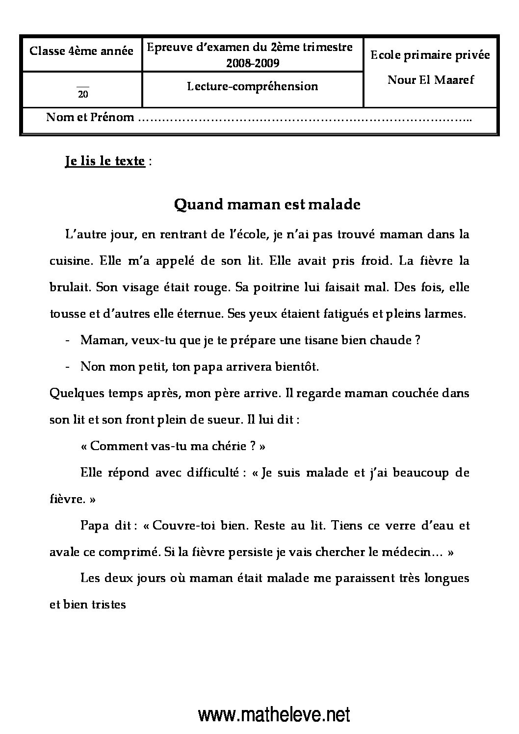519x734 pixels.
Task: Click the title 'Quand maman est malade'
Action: coord(267,204)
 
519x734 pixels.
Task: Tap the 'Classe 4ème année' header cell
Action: coord(81,51)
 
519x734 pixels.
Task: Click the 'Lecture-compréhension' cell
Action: coord(253,86)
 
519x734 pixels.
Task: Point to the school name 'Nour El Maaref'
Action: coord(430,79)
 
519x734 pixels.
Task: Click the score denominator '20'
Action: coord(83,95)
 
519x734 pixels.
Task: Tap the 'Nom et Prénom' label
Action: coord(90,117)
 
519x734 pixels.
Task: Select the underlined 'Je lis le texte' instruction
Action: coord(104,161)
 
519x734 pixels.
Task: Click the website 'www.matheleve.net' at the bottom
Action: coord(274,715)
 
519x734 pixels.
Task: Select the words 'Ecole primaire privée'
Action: coord(430,55)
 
